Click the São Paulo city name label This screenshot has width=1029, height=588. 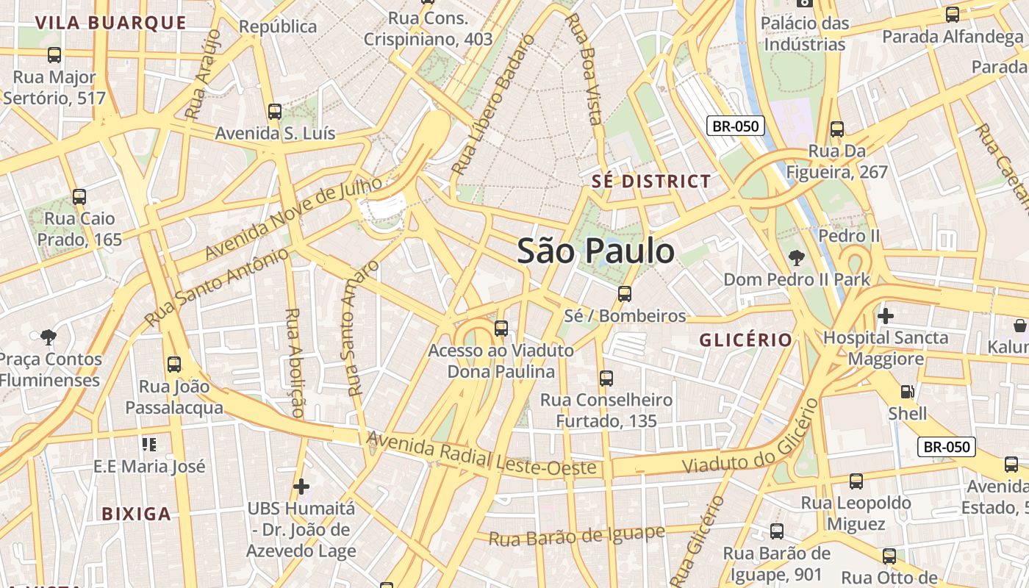(x=595, y=251)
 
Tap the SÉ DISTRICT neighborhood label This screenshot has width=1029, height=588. (x=652, y=182)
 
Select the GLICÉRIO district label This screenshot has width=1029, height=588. (x=745, y=340)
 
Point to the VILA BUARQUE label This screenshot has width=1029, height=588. (x=111, y=23)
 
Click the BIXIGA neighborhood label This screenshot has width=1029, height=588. (x=137, y=514)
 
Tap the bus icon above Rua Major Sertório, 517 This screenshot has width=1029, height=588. (x=54, y=55)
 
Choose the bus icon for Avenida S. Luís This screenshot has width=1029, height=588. (x=275, y=112)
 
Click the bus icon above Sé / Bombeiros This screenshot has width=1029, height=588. (x=625, y=294)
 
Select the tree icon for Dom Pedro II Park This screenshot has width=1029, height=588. (x=796, y=258)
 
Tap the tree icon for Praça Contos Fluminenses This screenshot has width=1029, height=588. (x=49, y=337)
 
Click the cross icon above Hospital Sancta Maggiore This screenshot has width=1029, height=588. (x=886, y=316)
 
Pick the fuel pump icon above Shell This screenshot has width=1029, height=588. (x=908, y=392)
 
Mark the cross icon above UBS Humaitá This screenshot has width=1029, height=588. (x=301, y=487)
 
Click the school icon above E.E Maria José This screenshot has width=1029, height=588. (x=149, y=445)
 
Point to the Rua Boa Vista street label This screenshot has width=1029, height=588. (x=586, y=68)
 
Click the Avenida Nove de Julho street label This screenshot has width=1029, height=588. (x=294, y=218)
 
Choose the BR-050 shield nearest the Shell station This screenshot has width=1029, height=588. (x=947, y=447)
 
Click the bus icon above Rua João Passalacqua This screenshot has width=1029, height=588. (x=174, y=365)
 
